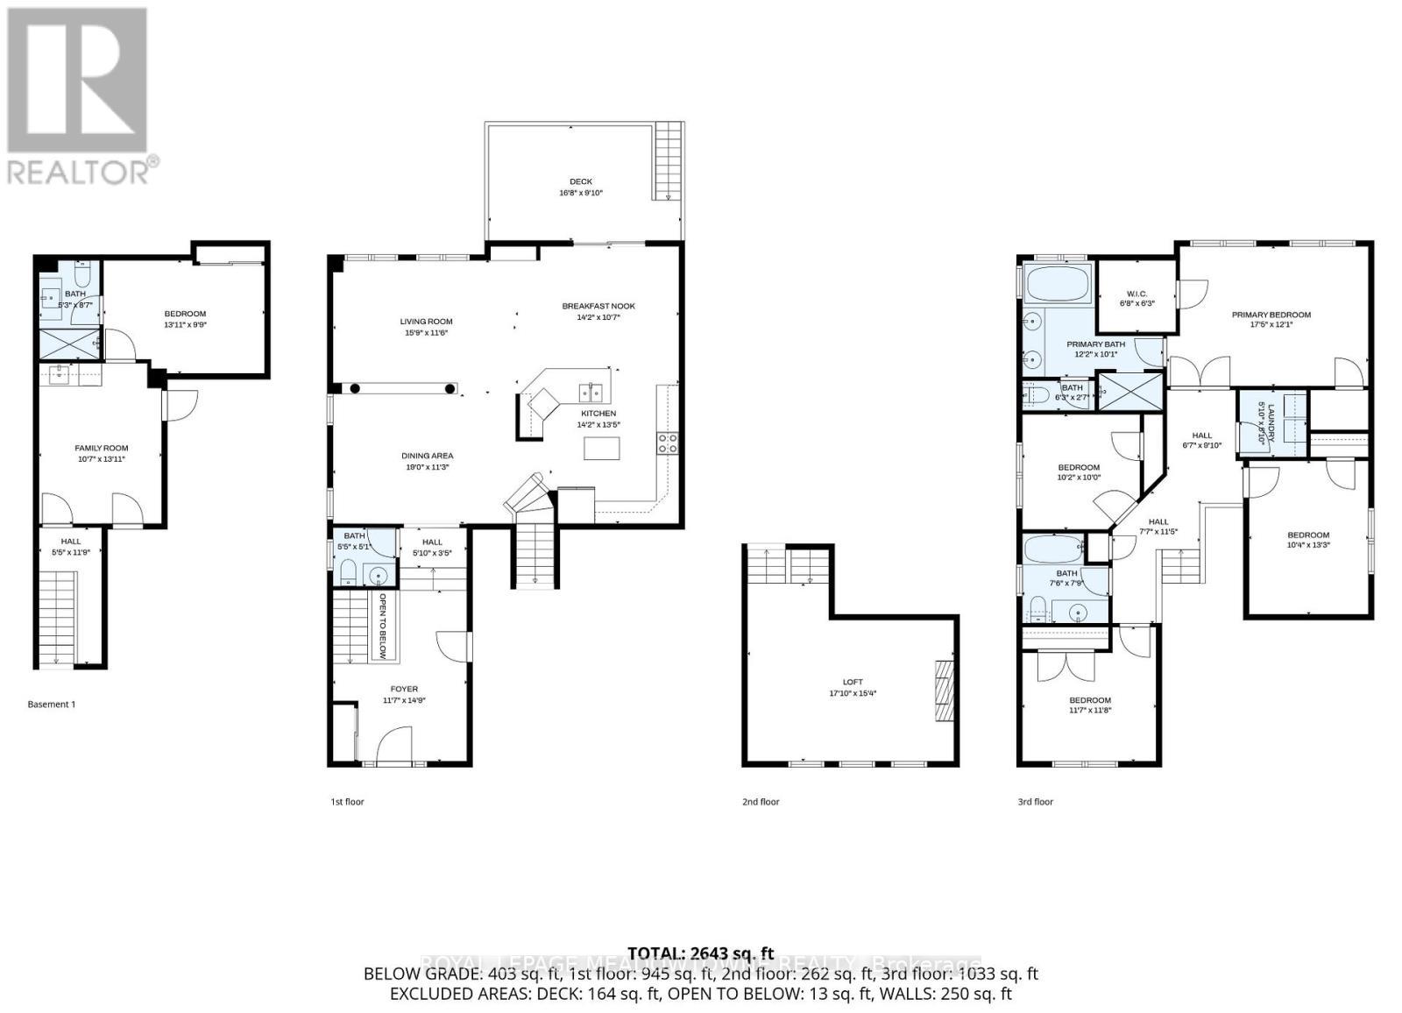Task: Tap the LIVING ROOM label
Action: [426, 322]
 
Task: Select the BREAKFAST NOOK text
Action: [598, 306]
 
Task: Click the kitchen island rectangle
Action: [601, 448]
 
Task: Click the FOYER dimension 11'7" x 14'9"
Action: [404, 700]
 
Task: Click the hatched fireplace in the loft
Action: [943, 691]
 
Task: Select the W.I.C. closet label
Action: [1136, 294]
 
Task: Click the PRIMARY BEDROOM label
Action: [1271, 315]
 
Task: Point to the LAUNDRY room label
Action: [1262, 421]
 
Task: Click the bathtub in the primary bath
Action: [1056, 285]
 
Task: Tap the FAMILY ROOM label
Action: [101, 448]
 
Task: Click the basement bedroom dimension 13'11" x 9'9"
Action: [185, 324]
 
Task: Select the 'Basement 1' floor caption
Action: [52, 704]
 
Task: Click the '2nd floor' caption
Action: [760, 801]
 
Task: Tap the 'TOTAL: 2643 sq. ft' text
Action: [701, 953]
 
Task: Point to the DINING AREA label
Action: [428, 456]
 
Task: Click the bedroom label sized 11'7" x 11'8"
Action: [1090, 700]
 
